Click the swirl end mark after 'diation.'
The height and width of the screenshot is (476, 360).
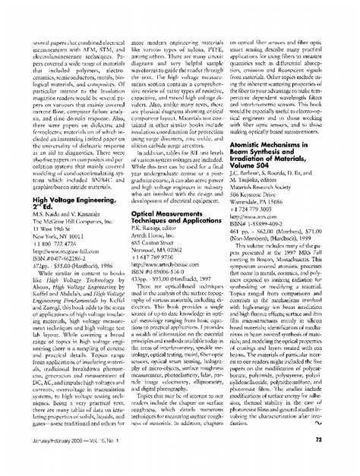pyautogui.click(x=339, y=436)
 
